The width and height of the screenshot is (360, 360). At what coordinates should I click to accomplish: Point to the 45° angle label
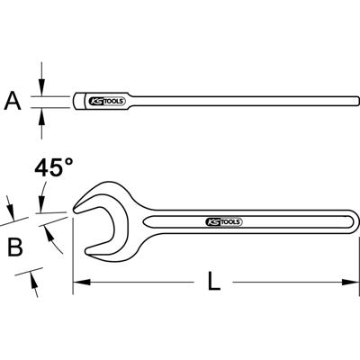pyautogui.click(x=53, y=168)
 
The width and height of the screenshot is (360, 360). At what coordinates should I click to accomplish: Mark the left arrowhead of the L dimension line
pyautogui.click(x=78, y=283)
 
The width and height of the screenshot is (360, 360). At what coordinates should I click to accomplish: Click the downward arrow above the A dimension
pyautogui.click(x=40, y=86)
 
